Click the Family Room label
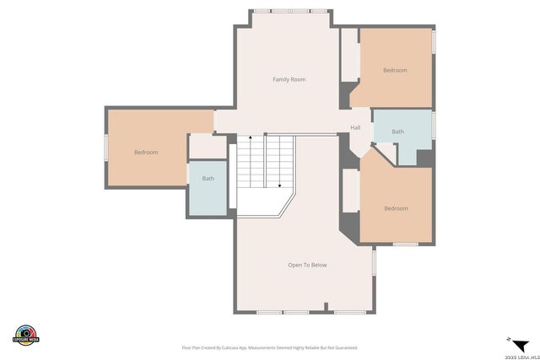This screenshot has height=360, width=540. tap(289, 79)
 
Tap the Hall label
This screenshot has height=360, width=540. tap(355, 128)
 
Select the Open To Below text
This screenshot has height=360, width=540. tap(307, 265)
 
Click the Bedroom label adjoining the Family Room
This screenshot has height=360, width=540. tap(395, 70)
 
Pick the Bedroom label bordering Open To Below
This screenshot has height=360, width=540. tap(396, 208)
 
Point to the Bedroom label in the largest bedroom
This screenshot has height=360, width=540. tap(146, 152)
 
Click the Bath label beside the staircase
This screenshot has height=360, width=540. tap(208, 179)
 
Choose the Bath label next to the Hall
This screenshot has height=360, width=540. tap(397, 132)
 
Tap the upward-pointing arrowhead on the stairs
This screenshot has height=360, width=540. tap(250, 137)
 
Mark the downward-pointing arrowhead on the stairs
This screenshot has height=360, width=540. tap(278, 185)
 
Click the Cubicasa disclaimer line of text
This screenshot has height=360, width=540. tap(270, 347)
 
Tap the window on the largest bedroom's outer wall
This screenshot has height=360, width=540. tap(105, 148)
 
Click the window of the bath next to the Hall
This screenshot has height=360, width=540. tap(434, 125)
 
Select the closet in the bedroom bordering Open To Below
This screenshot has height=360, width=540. tap(350, 190)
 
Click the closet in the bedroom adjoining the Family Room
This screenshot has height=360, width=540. tap(349, 55)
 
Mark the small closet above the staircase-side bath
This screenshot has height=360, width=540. tap(206, 147)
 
